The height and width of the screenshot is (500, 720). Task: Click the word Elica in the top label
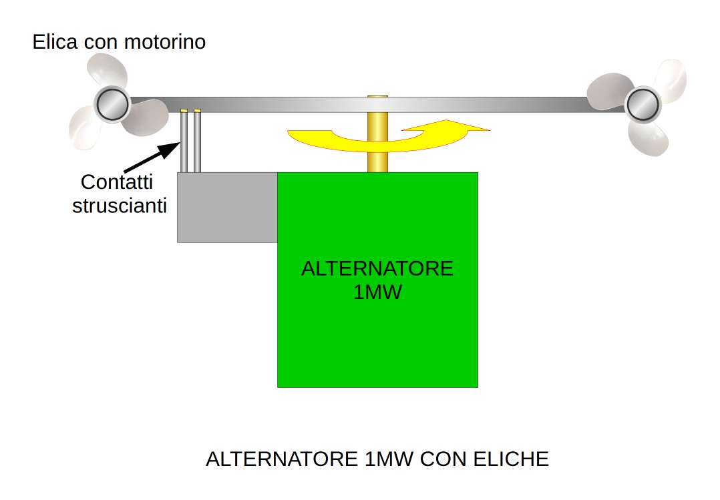(55, 43)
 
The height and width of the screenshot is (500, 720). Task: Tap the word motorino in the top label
(165, 43)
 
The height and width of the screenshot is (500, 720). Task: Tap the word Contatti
(117, 182)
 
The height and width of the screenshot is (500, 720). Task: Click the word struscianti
(120, 206)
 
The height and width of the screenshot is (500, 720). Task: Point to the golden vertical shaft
(377, 147)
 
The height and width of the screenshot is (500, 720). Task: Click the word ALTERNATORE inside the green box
(377, 269)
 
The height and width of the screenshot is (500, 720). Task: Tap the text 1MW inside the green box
(377, 292)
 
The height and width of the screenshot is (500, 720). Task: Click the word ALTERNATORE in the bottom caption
(283, 459)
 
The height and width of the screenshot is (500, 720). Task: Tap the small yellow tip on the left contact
(184, 110)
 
